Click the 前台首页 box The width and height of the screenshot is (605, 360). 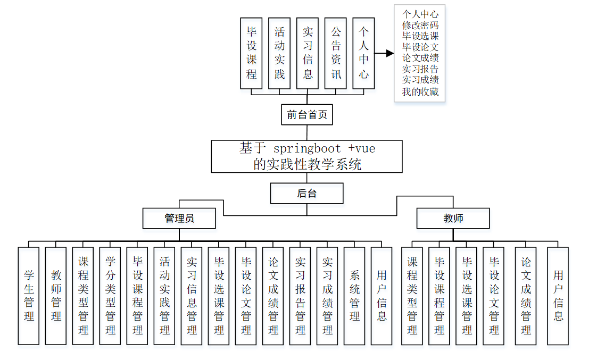coord(307,114)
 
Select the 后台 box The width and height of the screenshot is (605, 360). coord(306,194)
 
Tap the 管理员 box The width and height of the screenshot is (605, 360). coord(179,218)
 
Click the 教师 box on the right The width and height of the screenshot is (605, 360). coord(453,218)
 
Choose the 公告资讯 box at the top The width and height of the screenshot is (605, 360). coord(336,53)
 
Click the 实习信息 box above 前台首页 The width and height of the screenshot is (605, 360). coord(308,53)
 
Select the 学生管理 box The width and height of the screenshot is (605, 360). coord(29,296)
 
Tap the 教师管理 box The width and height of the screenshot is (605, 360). coord(56,296)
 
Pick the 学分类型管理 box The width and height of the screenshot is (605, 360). coord(110,296)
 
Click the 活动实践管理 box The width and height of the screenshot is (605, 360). coord(164,296)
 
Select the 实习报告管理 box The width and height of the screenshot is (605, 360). coord(300,296)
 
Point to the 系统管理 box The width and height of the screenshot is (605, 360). coord(354,296)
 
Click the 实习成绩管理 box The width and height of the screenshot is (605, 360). coord(327,296)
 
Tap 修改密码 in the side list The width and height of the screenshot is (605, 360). coord(420,25)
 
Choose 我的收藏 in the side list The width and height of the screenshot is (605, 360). coord(420,92)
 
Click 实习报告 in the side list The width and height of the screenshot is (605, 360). coord(420,69)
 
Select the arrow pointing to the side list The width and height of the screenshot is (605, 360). coord(384,53)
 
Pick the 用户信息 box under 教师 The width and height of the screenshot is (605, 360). coord(558,296)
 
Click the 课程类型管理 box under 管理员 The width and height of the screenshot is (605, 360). coord(83,296)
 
